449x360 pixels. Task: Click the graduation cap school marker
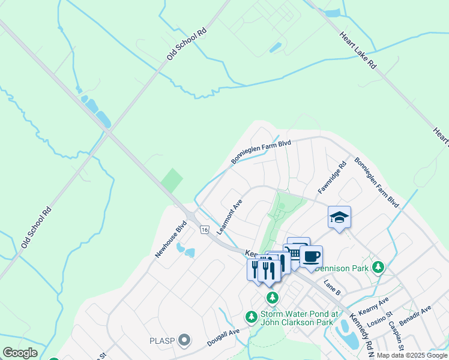pos(339,217)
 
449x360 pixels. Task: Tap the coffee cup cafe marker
pos(311,257)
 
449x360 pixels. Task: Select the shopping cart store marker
pos(295,253)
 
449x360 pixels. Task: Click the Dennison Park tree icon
pos(378,266)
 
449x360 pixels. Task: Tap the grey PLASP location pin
pos(184,341)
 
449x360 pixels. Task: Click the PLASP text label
pos(161,341)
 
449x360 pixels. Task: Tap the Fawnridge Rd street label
pos(333,177)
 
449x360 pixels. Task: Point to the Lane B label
pos(332,288)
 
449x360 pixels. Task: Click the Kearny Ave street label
pos(373,306)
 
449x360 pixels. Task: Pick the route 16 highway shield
pos(205,230)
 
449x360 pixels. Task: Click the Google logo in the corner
pos(20,353)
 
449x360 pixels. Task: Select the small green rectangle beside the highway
pos(172,180)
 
